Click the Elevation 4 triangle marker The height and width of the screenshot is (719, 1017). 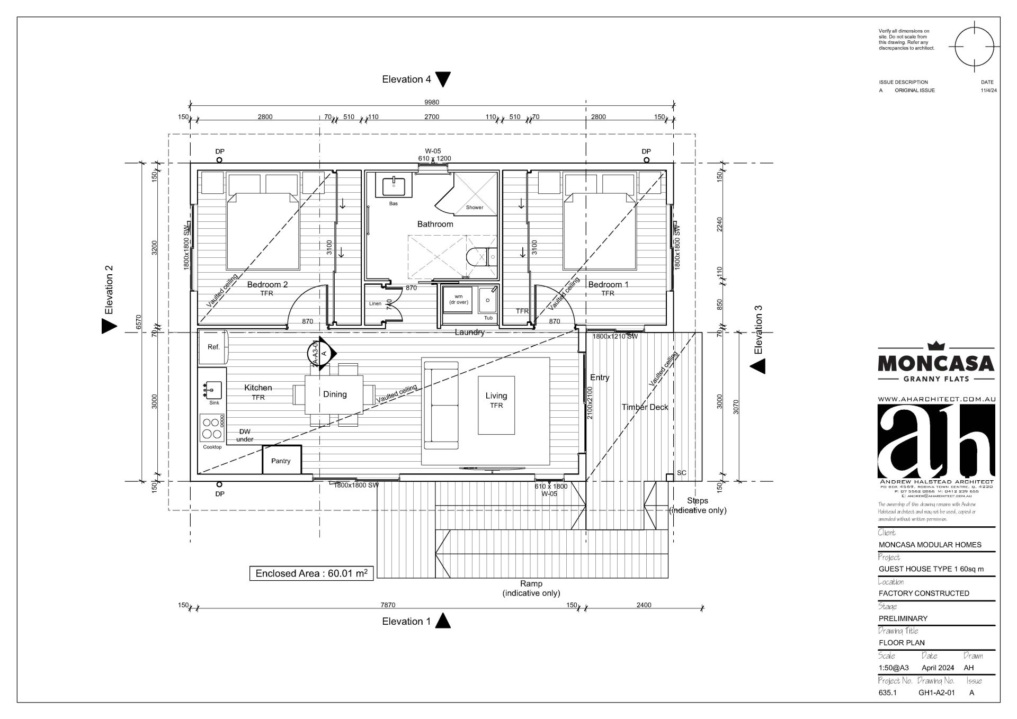pos(443,79)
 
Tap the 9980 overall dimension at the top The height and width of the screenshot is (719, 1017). pos(432,102)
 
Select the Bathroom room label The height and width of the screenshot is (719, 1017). pos(435,224)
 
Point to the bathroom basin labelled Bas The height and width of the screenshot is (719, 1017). pos(394,187)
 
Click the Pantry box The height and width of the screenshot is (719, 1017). pos(282,460)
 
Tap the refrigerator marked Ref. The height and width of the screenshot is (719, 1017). pos(213,347)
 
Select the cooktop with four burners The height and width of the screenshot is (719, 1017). pos(212,428)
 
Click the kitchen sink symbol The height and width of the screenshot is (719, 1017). pos(212,391)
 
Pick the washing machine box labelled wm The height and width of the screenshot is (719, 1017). pos(458,299)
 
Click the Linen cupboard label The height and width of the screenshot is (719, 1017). pos(375,304)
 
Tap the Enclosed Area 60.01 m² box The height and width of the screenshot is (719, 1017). pos(311,573)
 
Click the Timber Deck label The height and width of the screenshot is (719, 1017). pos(645,407)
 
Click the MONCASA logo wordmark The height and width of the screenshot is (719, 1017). pos(936,363)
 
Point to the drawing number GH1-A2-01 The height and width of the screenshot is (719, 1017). pos(936,693)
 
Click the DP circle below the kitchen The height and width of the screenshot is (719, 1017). pos(219,484)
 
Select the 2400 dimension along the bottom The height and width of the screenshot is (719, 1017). pos(644,605)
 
